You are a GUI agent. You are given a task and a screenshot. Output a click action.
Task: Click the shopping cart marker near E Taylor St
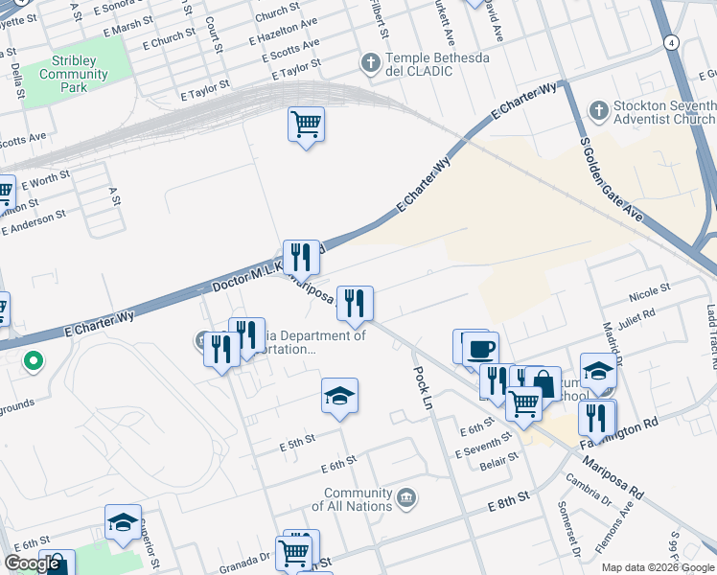coord(306,124)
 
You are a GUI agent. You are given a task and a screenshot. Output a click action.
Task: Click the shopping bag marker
coord(543,383)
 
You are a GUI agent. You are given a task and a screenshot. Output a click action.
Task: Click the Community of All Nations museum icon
coord(406,497)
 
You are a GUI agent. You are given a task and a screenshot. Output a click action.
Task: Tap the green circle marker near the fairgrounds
coord(33,362)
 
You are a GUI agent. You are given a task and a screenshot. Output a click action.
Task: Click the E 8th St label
coord(508,504)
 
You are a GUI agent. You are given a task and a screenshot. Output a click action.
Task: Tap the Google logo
coord(31,563)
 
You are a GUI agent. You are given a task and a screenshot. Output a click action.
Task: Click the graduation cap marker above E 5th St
coord(339,396)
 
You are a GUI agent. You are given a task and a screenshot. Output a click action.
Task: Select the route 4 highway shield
coord(673,43)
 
